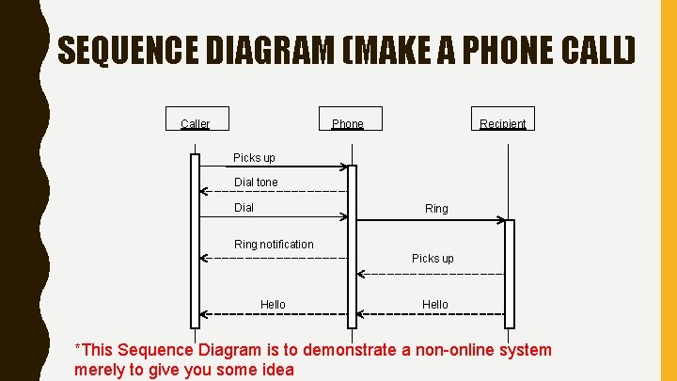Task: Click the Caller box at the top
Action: [x=196, y=122]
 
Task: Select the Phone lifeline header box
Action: [x=348, y=122]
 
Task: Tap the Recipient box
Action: [x=503, y=122]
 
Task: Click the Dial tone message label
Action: [x=256, y=182]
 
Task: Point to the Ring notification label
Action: [x=274, y=244]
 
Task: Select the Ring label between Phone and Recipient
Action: [x=436, y=208]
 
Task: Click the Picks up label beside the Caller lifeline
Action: [x=254, y=157]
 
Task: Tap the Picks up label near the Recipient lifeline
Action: [x=433, y=258]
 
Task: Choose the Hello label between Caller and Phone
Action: [x=273, y=304]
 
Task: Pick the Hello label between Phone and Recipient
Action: [x=435, y=304]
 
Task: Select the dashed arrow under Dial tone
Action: [x=273, y=191]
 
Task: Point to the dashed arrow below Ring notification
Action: [x=273, y=257]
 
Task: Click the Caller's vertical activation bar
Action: [x=195, y=240]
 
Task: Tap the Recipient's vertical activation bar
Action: [x=510, y=273]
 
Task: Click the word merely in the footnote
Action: [x=99, y=370]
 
